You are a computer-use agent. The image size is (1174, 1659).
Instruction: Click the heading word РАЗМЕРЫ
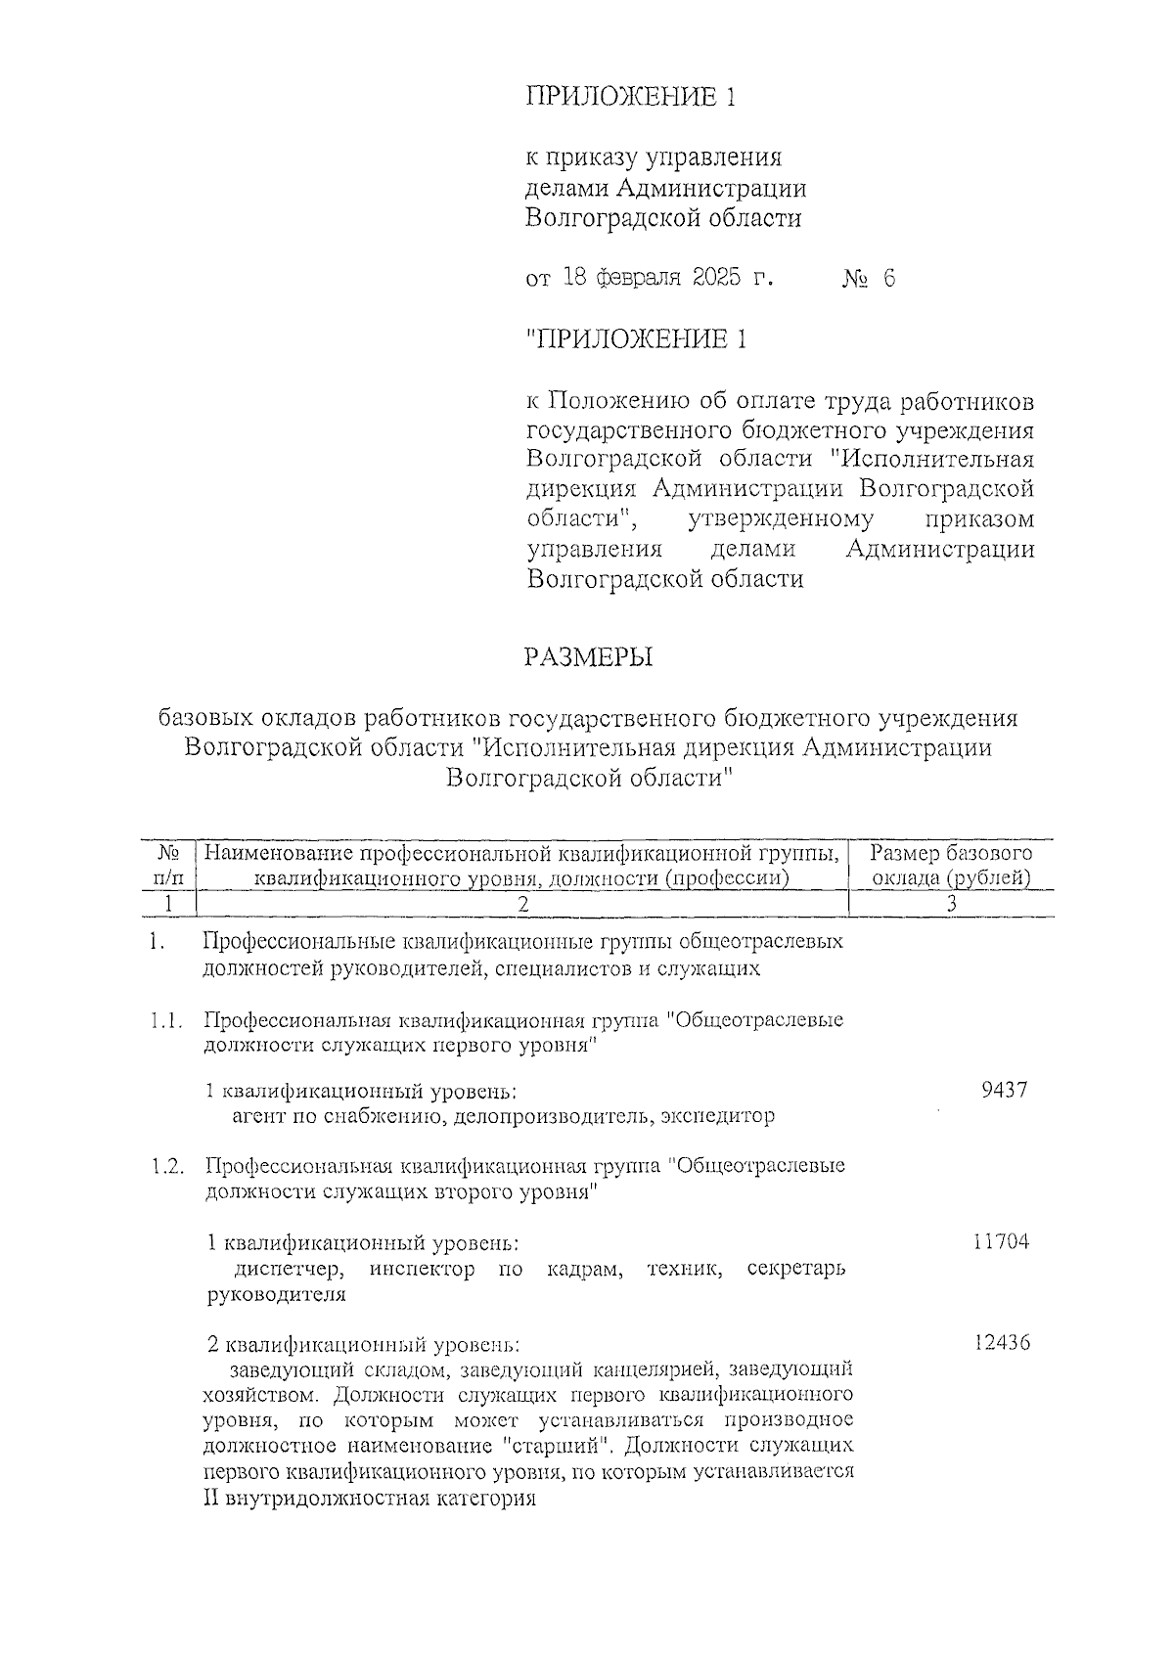point(588,657)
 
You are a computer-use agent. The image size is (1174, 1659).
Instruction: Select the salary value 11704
point(1001,1242)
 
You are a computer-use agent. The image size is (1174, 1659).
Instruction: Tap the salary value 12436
point(1002,1343)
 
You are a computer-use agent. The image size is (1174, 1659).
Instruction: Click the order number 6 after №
point(887,279)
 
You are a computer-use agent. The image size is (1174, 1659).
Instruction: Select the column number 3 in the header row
point(951,905)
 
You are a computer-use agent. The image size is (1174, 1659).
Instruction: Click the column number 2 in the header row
point(523,905)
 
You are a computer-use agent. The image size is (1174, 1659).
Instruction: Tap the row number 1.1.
point(167,1021)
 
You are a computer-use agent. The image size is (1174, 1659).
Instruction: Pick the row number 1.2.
point(167,1167)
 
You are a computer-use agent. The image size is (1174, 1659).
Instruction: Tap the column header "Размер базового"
point(951,853)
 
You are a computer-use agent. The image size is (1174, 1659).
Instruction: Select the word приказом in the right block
point(979,518)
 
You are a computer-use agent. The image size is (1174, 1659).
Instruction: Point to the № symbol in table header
point(168,853)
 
